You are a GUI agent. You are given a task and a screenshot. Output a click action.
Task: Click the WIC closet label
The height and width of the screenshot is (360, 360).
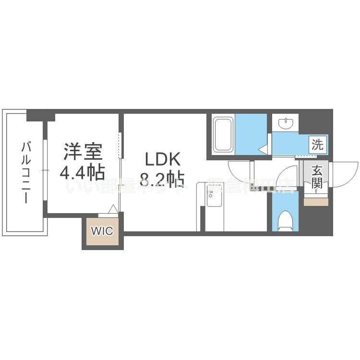pyautogui.click(x=102, y=231)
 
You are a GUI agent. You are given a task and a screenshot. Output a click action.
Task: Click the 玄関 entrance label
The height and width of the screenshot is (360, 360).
pyautogui.click(x=316, y=176)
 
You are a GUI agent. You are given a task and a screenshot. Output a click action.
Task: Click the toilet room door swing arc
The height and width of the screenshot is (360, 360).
pyautogui.click(x=288, y=176)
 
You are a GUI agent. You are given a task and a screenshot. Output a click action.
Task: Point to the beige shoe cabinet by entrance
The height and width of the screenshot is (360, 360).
pyautogui.click(x=316, y=202)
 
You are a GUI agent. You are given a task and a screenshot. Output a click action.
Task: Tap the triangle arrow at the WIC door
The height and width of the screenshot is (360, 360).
pyautogui.click(x=113, y=209)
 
